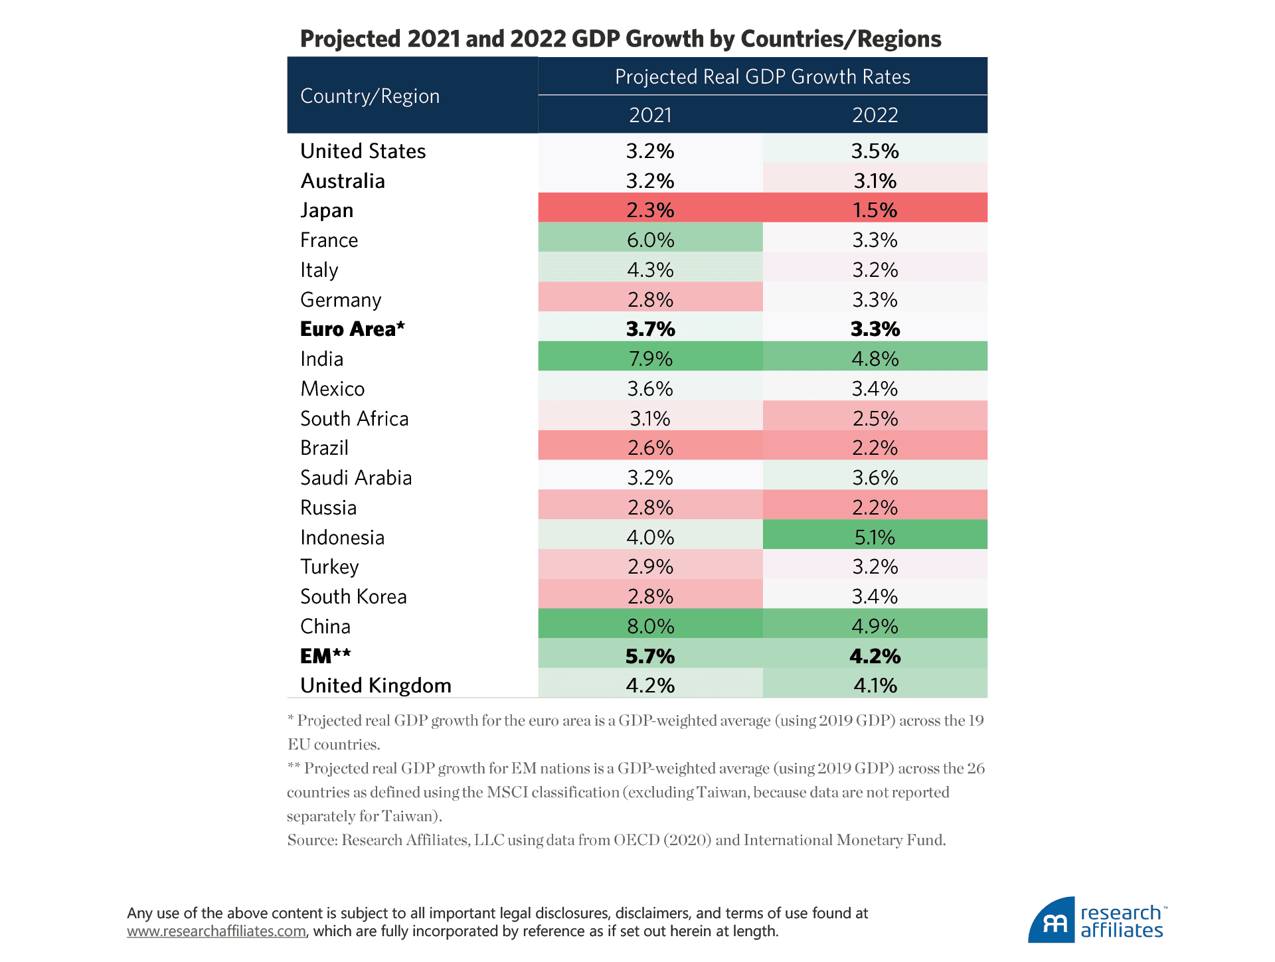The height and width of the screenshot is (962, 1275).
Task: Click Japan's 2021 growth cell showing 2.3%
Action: [x=650, y=210]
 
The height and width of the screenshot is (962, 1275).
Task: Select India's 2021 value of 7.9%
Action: [x=650, y=359]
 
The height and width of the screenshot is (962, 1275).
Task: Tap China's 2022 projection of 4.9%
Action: [x=875, y=626]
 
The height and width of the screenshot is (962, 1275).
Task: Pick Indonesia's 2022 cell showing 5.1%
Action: [x=875, y=537]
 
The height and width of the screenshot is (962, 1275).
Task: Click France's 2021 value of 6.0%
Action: [x=650, y=240]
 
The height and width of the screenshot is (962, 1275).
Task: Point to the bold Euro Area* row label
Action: [x=352, y=329]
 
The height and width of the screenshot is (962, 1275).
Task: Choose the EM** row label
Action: [x=325, y=656]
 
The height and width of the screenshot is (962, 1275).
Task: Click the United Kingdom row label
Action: [x=375, y=685]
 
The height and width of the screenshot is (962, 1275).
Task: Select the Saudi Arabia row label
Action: [x=356, y=478]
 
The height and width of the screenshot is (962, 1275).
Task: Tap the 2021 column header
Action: [x=650, y=115]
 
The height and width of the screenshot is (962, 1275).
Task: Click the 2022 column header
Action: [x=875, y=115]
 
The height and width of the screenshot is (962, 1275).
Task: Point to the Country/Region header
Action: [x=370, y=96]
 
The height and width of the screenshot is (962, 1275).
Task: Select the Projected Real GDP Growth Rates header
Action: [x=762, y=77]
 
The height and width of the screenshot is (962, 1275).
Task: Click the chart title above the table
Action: [x=620, y=39]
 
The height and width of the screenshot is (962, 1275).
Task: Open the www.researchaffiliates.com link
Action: [x=216, y=931]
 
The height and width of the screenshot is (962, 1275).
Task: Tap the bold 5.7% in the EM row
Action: [x=650, y=656]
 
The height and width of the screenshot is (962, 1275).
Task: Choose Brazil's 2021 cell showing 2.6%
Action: [x=650, y=448]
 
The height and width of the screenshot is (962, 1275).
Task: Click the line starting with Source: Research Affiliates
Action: [x=616, y=840]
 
